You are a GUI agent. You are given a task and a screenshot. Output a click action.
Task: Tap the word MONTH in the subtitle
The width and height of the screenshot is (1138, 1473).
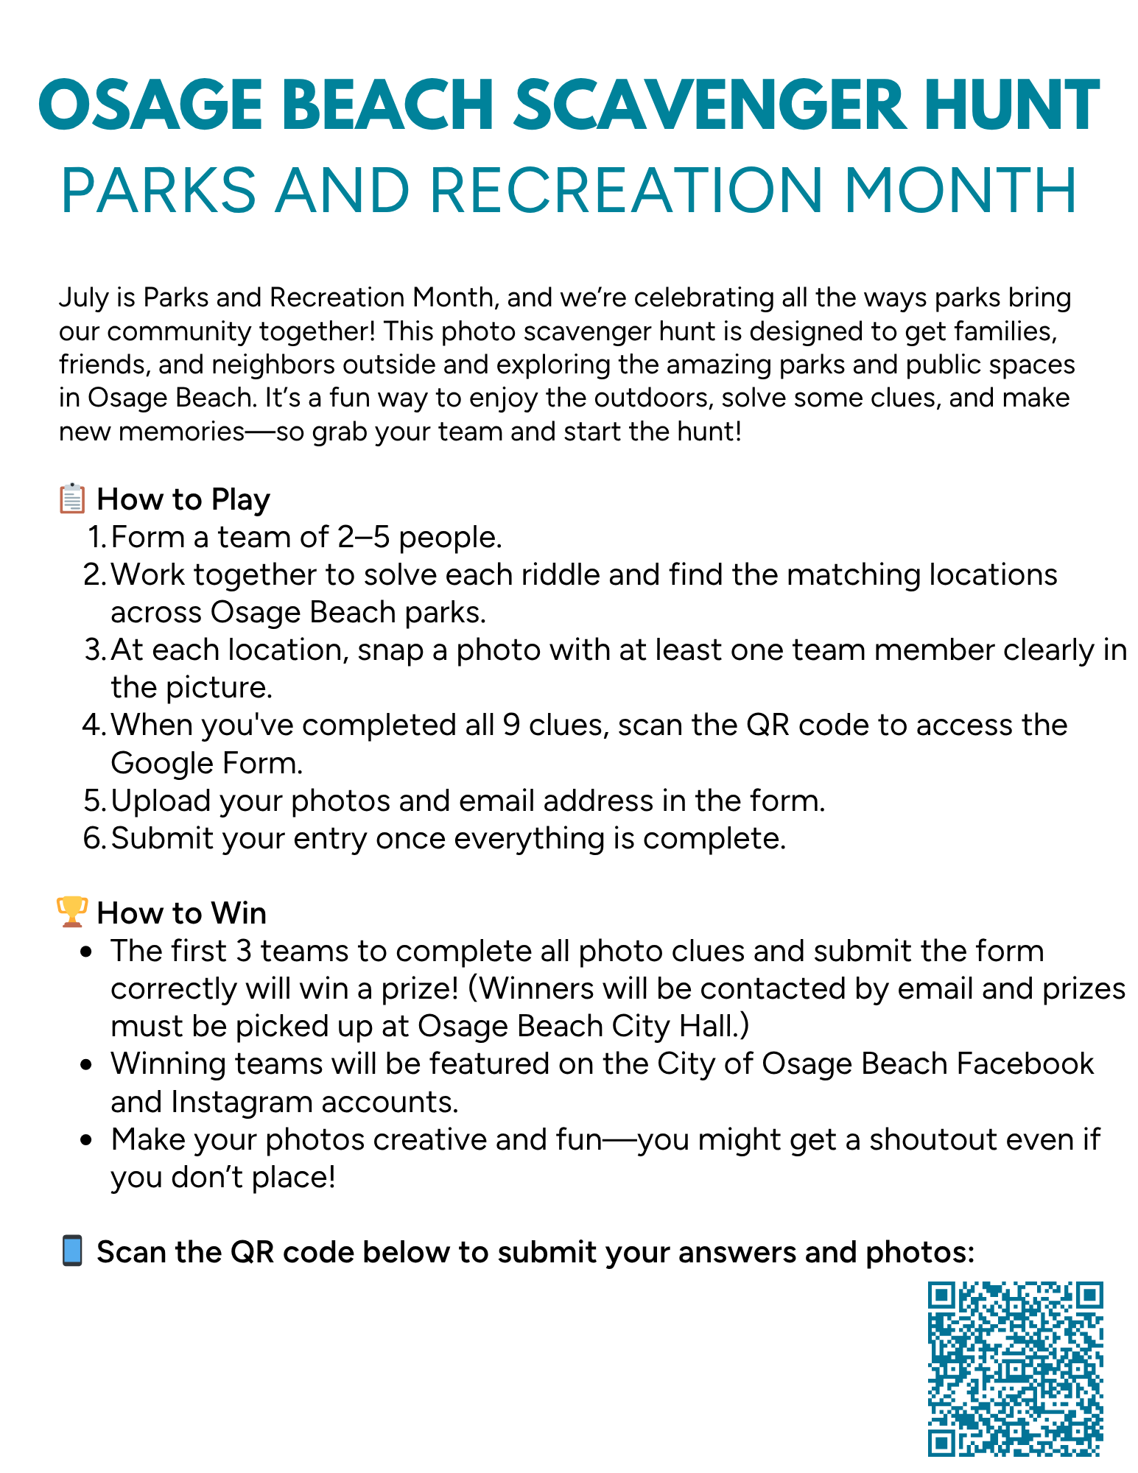(960, 191)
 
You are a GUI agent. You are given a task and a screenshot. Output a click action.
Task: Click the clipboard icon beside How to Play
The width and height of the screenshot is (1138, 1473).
(72, 499)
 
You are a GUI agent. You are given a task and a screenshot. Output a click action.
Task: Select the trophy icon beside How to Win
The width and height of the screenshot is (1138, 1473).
(72, 912)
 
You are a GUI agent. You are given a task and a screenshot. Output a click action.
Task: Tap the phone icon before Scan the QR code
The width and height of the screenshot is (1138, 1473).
(72, 1251)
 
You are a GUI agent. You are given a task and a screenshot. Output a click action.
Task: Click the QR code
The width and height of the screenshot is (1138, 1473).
(1015, 1368)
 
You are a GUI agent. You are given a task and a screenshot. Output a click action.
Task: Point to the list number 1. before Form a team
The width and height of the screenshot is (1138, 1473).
(97, 538)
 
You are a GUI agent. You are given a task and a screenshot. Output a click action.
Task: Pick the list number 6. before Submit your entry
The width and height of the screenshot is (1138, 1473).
(96, 839)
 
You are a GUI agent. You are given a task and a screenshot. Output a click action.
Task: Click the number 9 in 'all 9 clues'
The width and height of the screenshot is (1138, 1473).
(510, 725)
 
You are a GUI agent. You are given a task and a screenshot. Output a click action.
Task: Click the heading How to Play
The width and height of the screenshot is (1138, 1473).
(183, 499)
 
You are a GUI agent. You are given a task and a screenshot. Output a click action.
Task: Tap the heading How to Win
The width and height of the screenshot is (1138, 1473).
(181, 913)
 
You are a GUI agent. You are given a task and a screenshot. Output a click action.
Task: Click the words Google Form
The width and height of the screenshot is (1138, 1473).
(206, 764)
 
